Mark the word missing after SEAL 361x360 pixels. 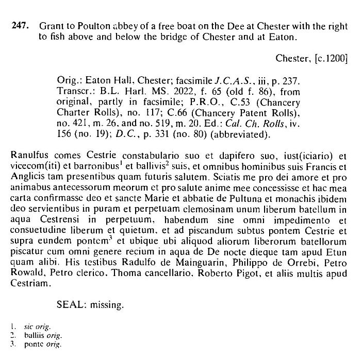click(107, 305)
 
